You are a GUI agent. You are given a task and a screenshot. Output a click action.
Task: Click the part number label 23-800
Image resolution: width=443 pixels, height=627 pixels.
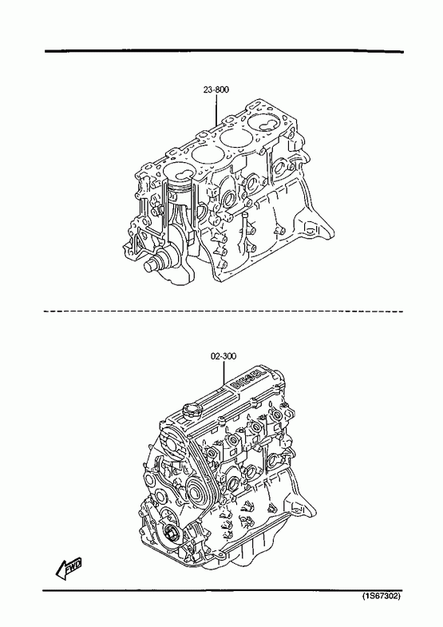pos(216,89)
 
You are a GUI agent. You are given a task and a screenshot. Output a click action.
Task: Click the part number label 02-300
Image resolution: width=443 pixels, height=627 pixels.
pos(223,355)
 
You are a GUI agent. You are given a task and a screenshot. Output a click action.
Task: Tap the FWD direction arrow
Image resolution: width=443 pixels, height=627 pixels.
pos(69,568)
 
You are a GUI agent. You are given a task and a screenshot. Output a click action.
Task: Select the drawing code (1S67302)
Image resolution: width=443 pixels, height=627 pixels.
pos(381,596)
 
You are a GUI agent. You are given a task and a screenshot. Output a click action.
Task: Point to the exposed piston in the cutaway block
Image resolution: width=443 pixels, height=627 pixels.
pos(180,187)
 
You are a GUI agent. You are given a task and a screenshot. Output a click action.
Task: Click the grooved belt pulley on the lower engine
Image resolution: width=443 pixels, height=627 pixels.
pos(199,489)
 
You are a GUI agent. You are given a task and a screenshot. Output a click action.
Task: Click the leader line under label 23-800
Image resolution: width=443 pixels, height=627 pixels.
pos(216,109)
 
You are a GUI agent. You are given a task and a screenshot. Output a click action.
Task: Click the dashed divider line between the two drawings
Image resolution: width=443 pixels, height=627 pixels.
pos(223,311)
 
